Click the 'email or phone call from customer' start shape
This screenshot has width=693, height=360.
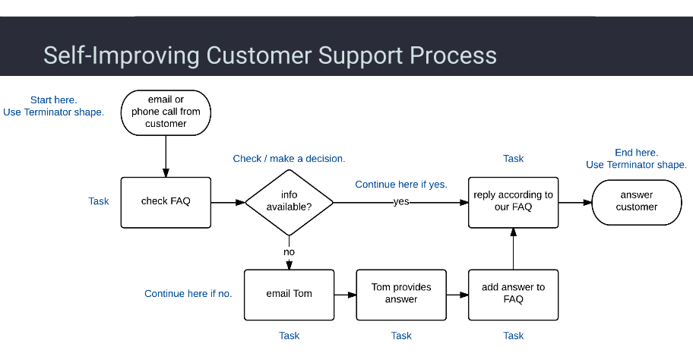tap(166, 112)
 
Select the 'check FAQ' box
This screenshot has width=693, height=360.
tap(166, 202)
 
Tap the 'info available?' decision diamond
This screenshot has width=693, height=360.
tap(289, 203)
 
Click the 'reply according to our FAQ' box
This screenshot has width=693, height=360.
tap(514, 202)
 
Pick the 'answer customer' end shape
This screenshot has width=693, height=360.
tap(637, 202)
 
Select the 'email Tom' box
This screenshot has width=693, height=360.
tap(289, 294)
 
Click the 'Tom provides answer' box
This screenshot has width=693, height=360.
tap(401, 294)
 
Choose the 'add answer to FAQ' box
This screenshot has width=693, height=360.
tap(514, 294)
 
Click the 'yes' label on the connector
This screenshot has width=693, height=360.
tap(401, 203)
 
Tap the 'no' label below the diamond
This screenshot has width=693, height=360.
tap(289, 251)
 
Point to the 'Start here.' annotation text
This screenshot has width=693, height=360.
tap(53, 100)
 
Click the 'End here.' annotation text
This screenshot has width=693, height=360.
tap(636, 153)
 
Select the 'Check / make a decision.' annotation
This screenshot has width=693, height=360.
tap(289, 159)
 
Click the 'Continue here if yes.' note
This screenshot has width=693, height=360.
tap(401, 185)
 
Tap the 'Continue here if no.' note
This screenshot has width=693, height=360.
tap(188, 294)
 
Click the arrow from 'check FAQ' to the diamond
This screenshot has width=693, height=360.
tap(227, 203)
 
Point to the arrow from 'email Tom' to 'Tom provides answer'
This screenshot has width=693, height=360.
tap(345, 294)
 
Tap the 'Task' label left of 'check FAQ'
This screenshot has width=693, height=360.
tap(99, 201)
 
